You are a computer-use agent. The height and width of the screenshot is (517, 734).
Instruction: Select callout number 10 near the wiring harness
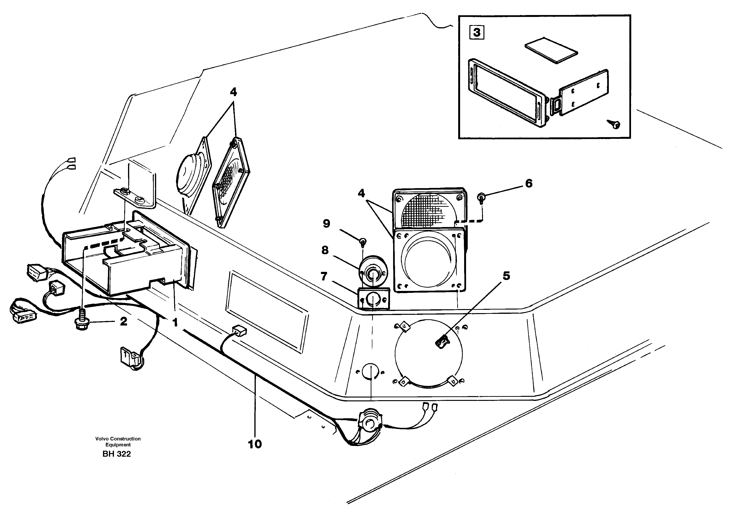255,444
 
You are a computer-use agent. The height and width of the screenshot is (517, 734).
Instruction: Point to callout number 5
506,276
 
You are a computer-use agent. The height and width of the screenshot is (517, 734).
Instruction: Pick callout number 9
326,223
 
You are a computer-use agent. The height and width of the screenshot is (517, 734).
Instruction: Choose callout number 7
324,276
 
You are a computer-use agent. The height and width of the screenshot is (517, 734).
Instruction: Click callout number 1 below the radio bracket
175,323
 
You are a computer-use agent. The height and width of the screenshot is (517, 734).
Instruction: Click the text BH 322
117,454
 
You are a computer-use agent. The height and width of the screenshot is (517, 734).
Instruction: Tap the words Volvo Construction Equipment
118,442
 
